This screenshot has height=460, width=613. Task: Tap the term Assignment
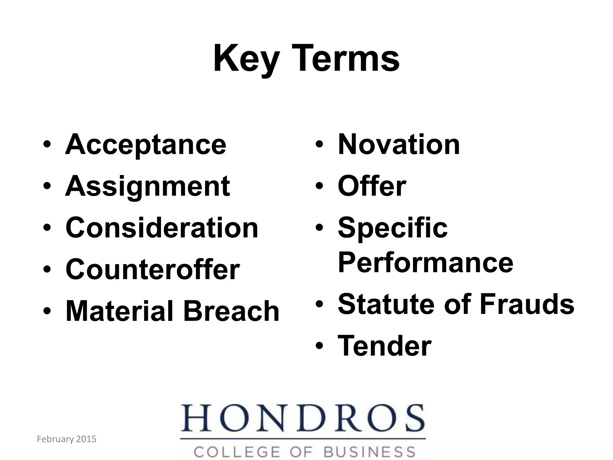tap(148, 186)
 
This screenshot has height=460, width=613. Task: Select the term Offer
tap(372, 186)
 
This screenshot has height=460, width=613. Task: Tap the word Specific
tap(392, 228)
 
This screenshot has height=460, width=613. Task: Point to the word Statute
tap(386, 304)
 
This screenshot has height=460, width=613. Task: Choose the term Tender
tap(384, 346)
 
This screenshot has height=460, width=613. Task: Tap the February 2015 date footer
tap(66, 439)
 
